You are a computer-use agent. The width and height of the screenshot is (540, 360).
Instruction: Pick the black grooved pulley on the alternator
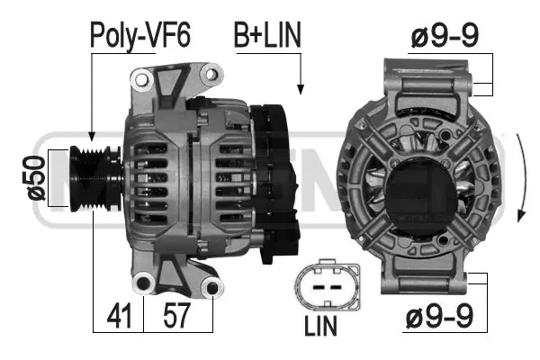90,177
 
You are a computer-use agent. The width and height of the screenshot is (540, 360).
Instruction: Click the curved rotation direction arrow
524,180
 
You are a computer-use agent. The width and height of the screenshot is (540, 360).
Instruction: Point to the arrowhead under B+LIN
300,90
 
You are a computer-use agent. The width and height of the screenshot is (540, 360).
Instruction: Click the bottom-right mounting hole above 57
212,288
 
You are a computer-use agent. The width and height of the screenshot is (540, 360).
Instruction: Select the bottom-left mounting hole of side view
141,284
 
